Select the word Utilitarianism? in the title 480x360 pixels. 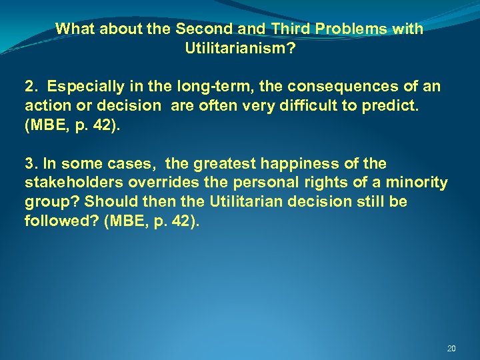click(x=239, y=48)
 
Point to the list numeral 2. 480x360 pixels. click(x=29, y=87)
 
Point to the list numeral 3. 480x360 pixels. click(x=29, y=164)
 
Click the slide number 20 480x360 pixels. click(x=451, y=349)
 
